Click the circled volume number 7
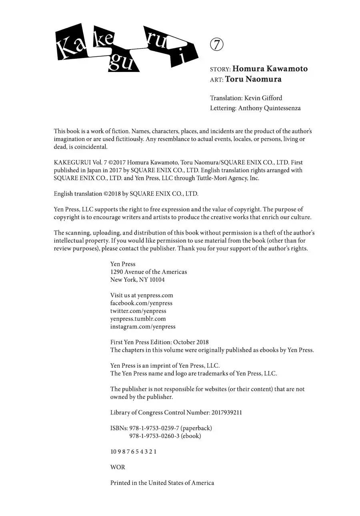(x=216, y=45)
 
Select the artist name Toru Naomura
(x=253, y=79)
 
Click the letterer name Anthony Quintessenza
(x=269, y=108)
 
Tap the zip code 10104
(x=157, y=280)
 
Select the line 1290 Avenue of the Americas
(x=148, y=272)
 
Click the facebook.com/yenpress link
(x=141, y=303)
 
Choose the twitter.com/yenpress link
(x=138, y=311)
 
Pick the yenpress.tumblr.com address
(x=138, y=319)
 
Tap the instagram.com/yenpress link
(x=143, y=327)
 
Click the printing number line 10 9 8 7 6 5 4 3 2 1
(x=133, y=452)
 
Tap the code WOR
(x=118, y=467)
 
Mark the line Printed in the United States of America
(x=162, y=483)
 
